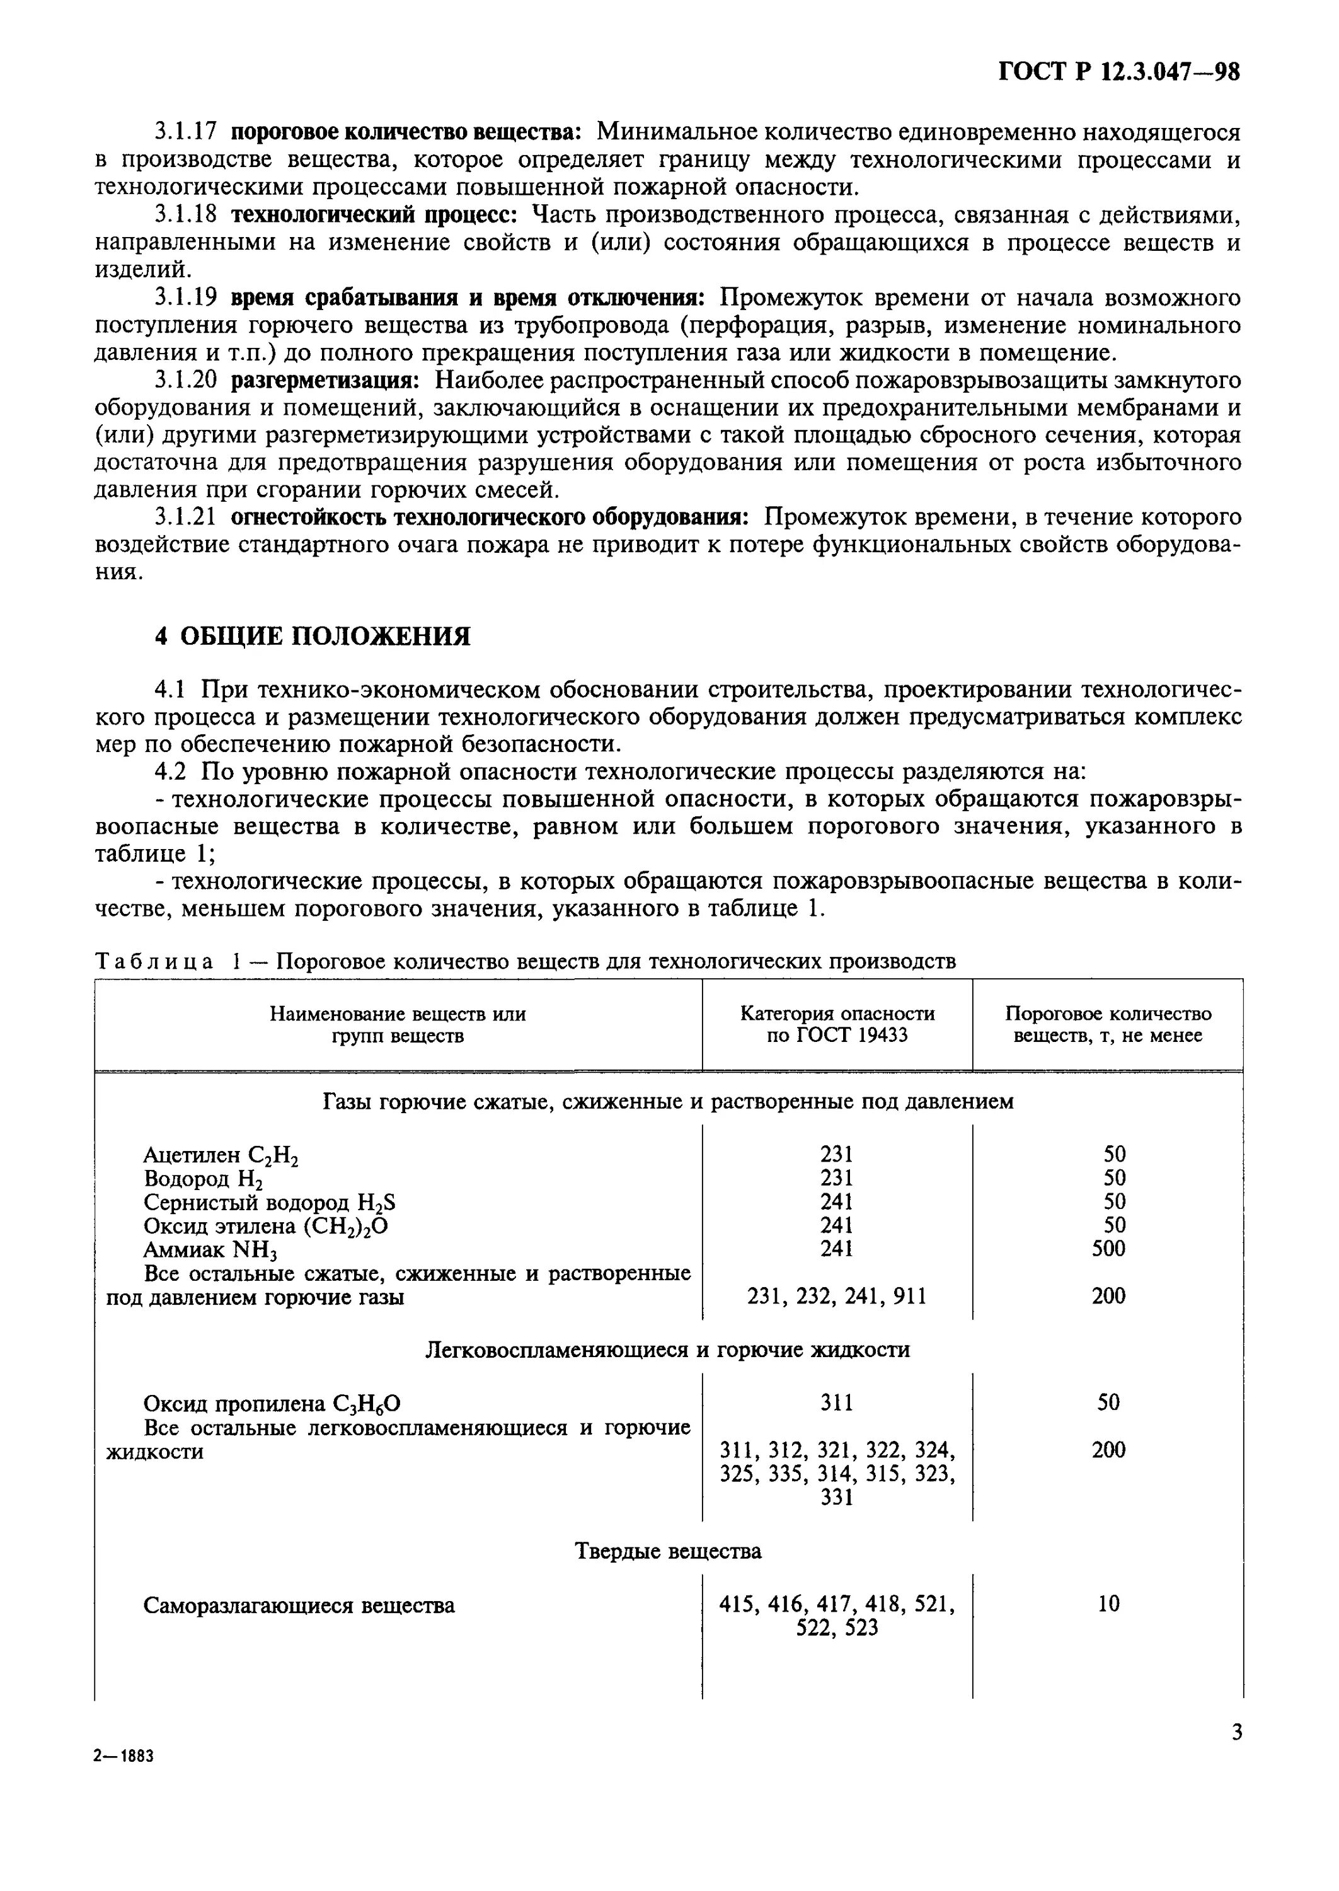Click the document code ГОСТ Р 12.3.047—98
click(1119, 72)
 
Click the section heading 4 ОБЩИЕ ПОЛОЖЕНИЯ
click(313, 636)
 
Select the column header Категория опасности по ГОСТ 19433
click(837, 1024)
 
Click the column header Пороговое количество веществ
click(1107, 1024)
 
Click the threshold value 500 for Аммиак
click(1108, 1249)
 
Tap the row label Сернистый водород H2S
click(269, 1203)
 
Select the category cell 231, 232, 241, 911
click(836, 1297)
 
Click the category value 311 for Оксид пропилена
click(836, 1402)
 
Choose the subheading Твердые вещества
click(668, 1551)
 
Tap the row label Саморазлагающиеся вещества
click(299, 1605)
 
